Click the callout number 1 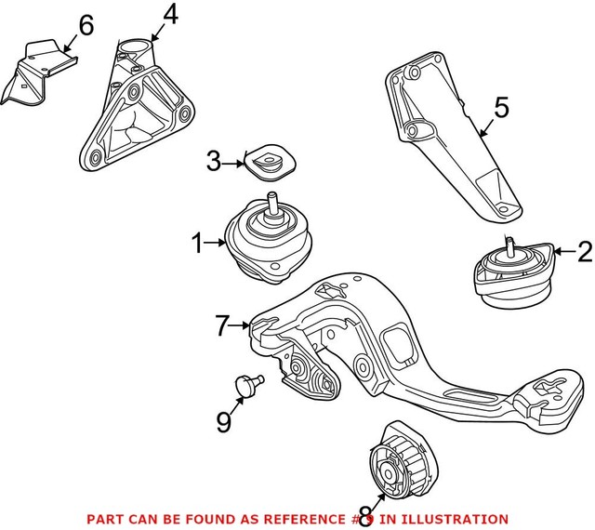pos(196,245)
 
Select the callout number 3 pos(213,163)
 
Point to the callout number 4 pos(169,15)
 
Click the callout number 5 pos(501,109)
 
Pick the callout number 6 pos(86,25)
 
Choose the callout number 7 pos(221,326)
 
